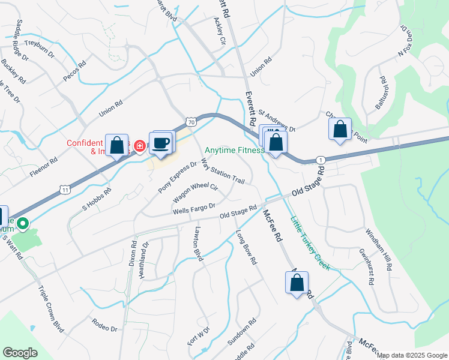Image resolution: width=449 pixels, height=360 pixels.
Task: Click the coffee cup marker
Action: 161,143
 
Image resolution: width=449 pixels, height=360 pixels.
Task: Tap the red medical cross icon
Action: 139,146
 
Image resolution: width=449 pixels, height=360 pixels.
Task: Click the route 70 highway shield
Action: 190,121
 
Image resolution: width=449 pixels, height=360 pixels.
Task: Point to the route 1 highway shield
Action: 322,160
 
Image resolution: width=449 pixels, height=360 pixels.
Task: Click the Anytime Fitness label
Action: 234,151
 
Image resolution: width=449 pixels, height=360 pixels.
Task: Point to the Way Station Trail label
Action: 223,172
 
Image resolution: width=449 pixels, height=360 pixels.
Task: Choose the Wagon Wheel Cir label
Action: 195,191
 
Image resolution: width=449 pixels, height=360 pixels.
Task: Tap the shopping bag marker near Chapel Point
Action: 340,129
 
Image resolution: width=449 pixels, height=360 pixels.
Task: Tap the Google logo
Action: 20,353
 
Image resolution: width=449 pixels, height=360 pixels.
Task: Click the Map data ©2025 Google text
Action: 412,355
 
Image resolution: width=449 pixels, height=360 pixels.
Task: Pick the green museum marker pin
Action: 23,224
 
